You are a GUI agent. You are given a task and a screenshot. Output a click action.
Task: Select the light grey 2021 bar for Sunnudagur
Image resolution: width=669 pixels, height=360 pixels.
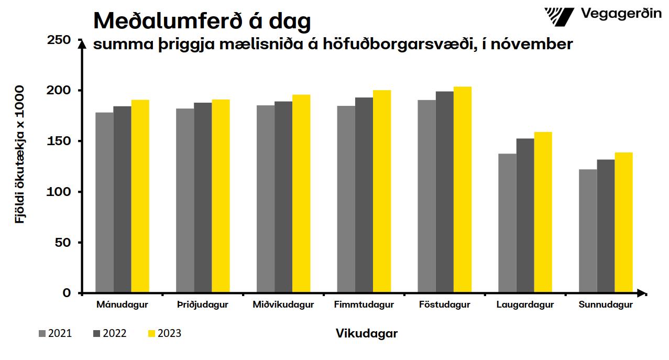[588, 231]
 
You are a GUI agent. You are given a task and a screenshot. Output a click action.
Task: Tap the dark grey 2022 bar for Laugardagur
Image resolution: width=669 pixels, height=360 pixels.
[525, 215]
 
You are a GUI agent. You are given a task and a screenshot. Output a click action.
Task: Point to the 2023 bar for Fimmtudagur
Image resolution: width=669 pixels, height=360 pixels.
[382, 191]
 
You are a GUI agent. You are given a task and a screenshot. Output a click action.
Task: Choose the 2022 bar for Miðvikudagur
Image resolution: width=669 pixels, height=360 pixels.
[283, 197]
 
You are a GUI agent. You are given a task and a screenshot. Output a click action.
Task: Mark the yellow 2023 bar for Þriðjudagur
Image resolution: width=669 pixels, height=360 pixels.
[221, 196]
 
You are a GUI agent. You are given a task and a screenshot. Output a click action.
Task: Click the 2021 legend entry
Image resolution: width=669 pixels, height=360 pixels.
[55, 333]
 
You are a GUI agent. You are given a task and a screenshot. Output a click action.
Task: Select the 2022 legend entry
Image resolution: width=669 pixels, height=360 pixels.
[109, 333]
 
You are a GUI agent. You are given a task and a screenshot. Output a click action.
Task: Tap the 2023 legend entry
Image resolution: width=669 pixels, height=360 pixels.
[164, 333]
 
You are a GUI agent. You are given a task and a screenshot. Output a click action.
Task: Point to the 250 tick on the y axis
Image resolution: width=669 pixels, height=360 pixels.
[59, 40]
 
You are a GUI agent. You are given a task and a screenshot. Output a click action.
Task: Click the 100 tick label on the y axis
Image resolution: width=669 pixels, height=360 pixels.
[59, 192]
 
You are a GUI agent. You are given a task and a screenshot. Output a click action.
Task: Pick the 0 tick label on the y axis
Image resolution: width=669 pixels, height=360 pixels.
[67, 293]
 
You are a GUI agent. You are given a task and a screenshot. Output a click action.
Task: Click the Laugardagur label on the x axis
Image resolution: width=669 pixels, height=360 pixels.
[525, 305]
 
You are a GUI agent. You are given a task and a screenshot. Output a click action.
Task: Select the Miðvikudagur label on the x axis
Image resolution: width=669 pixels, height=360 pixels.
[283, 305]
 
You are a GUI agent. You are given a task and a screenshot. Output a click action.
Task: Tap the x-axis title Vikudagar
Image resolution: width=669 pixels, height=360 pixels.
[367, 333]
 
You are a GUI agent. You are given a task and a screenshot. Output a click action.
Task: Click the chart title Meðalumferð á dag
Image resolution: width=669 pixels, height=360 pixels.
[202, 21]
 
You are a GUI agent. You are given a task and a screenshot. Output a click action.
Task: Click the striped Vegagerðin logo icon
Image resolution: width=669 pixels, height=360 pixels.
[559, 16]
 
